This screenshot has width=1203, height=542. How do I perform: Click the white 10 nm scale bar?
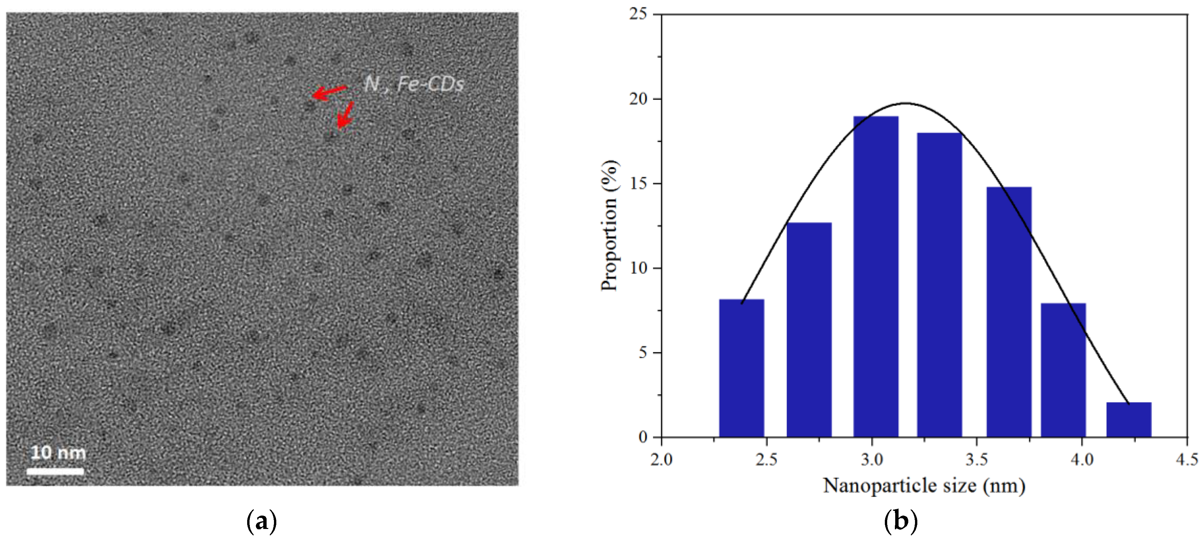[55, 471]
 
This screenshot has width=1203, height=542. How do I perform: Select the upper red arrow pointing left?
[329, 92]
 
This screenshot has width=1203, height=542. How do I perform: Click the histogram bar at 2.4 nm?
[741, 368]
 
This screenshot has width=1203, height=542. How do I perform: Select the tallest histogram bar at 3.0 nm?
[876, 277]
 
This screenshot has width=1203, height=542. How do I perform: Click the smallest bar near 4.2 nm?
[1129, 420]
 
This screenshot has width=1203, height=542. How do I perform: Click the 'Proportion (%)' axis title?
[610, 225]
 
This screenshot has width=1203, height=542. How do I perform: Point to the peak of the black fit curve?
[906, 103]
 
